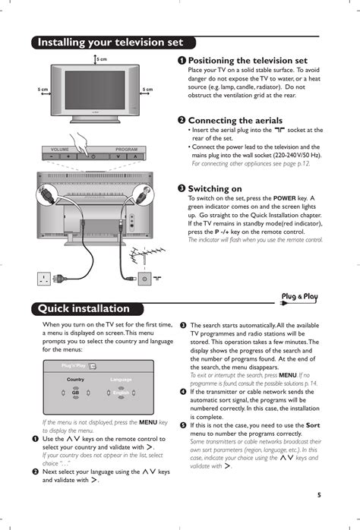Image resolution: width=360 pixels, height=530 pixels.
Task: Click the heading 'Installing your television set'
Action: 110,43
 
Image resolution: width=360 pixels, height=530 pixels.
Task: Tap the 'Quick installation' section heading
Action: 84,308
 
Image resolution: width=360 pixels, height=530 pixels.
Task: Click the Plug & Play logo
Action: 299,296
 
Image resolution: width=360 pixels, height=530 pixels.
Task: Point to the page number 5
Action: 320,495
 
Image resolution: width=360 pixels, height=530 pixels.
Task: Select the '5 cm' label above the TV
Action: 101,59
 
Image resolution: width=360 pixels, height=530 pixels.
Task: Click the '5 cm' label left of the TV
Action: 44,90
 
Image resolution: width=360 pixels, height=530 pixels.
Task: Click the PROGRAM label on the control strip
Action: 126,149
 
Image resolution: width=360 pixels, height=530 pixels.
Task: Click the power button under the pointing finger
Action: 93,156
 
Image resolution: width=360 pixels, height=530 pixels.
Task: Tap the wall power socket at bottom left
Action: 45,279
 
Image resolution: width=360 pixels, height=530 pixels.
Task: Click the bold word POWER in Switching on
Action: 285,197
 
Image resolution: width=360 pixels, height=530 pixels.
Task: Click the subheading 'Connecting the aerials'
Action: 235,120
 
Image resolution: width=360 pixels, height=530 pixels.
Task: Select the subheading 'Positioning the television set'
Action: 248,60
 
